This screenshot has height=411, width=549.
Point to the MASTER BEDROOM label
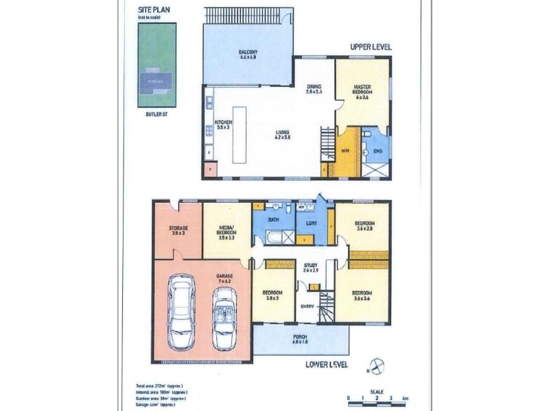coord(362,90)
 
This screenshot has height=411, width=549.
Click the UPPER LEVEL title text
coord(371,47)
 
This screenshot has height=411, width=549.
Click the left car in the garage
coord(183,314)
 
